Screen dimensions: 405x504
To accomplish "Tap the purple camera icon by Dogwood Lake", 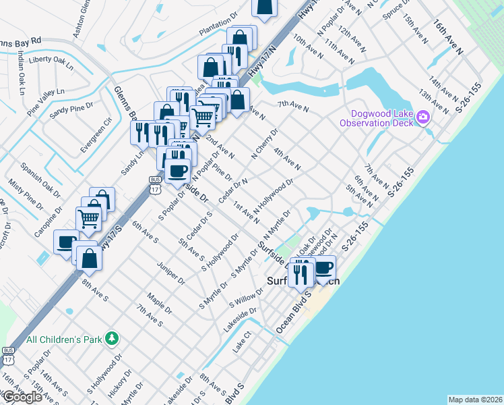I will [x=423, y=118].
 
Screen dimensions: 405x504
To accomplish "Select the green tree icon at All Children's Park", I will [x=115, y=337].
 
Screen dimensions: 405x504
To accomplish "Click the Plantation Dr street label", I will [x=219, y=30].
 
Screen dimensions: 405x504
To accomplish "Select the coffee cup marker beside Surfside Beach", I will [x=324, y=267].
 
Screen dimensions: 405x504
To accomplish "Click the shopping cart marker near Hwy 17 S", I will [x=89, y=219].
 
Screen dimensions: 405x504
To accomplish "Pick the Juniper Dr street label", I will [x=170, y=273].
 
